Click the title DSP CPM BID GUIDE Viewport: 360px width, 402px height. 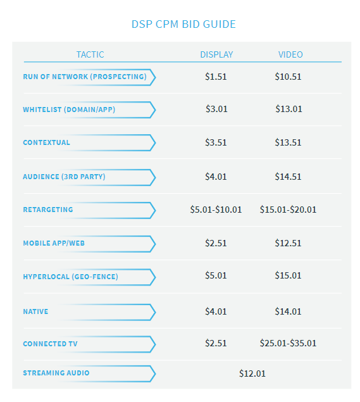point(183,24)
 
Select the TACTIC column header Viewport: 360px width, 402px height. point(90,54)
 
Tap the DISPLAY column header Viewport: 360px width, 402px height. point(216,54)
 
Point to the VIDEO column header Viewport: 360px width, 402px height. point(290,54)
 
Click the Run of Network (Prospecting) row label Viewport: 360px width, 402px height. point(85,77)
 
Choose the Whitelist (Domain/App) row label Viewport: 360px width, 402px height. point(69,110)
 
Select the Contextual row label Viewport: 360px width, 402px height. point(46,143)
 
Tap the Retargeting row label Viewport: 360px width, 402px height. point(48,210)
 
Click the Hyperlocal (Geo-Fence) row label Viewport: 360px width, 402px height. point(70,277)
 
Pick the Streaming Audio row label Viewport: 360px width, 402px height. point(56,373)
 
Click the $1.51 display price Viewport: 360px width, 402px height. point(216,77)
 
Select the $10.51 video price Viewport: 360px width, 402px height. point(289,77)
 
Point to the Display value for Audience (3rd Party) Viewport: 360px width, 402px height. point(216,177)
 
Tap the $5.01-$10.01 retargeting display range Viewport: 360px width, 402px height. point(216,210)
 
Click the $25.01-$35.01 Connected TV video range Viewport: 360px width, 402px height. point(288,343)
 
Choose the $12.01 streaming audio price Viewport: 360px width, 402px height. point(252,374)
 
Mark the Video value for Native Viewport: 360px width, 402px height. point(289,311)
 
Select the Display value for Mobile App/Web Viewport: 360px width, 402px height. point(216,243)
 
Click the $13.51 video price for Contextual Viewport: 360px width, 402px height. point(289,142)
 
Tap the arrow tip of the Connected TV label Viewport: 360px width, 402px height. point(154,344)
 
